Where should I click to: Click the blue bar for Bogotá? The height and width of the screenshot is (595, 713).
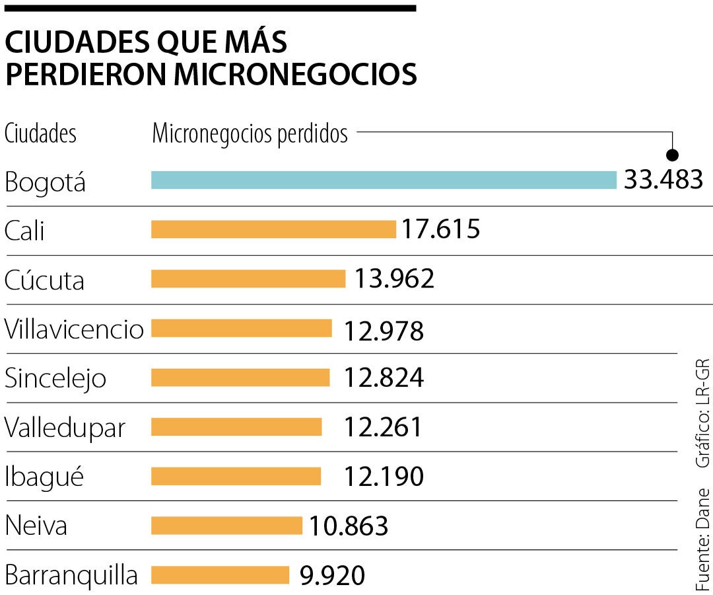coord(383,180)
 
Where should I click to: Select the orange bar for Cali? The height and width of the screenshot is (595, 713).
coord(273,229)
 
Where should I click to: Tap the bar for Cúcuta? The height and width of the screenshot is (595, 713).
coord(248,278)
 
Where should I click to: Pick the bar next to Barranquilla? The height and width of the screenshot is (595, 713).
coord(220,575)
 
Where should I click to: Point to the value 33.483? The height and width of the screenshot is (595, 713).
coord(663,180)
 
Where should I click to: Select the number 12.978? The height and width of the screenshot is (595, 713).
coord(384,331)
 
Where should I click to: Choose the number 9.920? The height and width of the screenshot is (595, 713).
coord(332,576)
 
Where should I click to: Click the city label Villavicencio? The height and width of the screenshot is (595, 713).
coord(74,329)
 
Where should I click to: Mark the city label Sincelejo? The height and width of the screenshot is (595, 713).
coord(55,379)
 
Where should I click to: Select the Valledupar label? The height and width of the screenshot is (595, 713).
coord(65,428)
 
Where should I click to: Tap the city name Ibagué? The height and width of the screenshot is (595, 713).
coord(44,477)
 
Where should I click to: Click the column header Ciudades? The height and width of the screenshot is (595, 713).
coord(40,134)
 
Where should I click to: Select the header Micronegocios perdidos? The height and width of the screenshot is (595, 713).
coord(250,134)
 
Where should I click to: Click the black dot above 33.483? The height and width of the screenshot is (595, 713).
coord(673,155)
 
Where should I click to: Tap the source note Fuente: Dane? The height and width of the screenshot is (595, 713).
coord(702,539)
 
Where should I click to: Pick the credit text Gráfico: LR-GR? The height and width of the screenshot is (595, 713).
coord(702,413)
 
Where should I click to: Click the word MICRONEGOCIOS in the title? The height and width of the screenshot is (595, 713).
coord(295,74)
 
